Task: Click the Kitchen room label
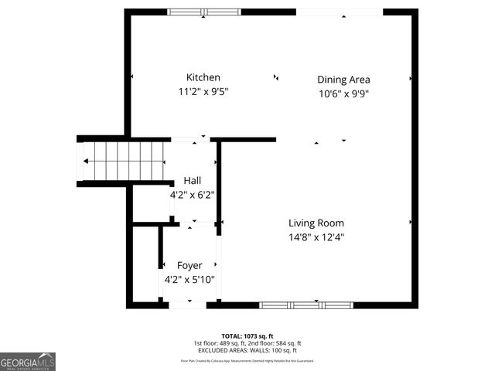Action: click(203, 77)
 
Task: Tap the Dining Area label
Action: click(343, 80)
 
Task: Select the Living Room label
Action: click(316, 223)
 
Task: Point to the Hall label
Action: click(193, 181)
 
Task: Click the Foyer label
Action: click(189, 266)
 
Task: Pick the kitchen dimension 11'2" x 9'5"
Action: click(203, 92)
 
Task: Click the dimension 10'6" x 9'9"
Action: click(343, 94)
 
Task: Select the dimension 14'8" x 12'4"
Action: click(316, 238)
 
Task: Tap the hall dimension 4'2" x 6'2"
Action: click(192, 196)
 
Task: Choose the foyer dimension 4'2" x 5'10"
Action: click(189, 281)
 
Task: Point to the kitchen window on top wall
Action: click(204, 12)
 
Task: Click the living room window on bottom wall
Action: click(306, 305)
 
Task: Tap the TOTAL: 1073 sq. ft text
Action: click(247, 336)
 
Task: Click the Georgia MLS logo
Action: click(28, 361)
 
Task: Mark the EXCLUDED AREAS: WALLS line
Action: click(247, 350)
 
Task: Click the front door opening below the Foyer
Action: click(187, 305)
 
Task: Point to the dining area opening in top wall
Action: click(340, 12)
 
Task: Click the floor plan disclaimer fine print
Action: click(247, 361)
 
